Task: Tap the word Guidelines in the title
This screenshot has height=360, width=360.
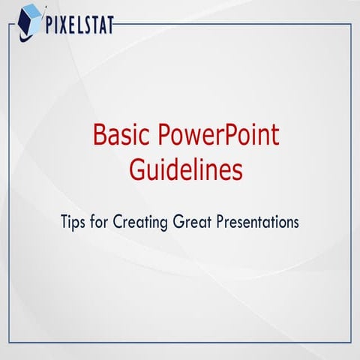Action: [186, 169]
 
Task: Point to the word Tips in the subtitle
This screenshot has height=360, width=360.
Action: [74, 223]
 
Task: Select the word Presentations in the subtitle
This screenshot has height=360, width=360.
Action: [258, 223]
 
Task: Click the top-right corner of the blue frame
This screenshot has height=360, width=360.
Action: [351, 24]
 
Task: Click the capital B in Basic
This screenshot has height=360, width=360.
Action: [100, 136]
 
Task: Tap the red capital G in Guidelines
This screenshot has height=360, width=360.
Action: [137, 169]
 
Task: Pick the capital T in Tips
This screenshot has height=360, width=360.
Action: [66, 223]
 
